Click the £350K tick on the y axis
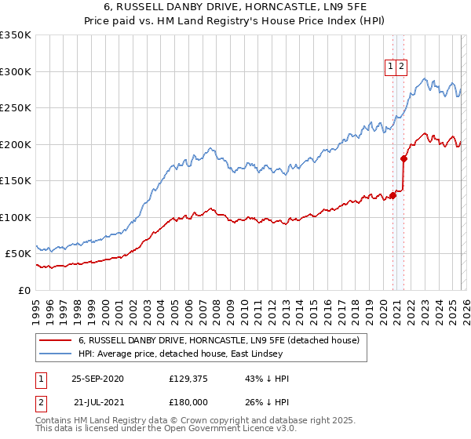click(x=16, y=35)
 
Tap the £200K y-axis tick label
click(x=16, y=144)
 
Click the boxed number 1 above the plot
click(x=390, y=67)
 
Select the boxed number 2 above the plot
click(x=401, y=67)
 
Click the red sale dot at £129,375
click(x=392, y=195)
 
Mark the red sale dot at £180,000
click(x=403, y=158)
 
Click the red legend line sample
click(x=55, y=340)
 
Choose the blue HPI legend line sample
click(x=55, y=354)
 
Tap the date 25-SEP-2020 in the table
click(x=98, y=379)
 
